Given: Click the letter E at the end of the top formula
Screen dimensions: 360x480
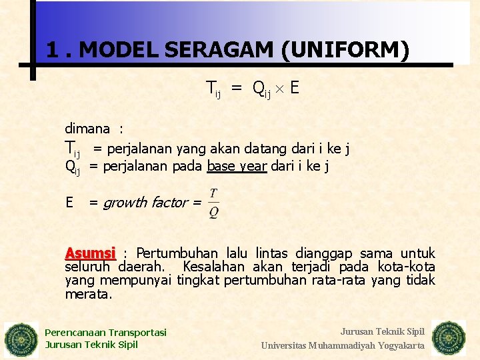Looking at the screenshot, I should tap(294, 87).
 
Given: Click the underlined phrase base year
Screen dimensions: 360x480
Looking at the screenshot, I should tap(237, 167).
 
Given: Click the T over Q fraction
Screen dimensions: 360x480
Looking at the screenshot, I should tap(213, 203).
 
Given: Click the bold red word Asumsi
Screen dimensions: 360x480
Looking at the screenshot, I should tap(90, 253).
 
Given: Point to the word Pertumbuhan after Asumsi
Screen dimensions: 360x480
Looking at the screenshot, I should tap(177, 253).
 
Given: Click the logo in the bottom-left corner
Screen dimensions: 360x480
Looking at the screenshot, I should tap(21, 340).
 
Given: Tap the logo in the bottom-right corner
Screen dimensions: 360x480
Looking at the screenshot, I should tap(449, 338).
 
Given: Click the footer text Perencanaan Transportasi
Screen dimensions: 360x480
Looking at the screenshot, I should tap(105, 333).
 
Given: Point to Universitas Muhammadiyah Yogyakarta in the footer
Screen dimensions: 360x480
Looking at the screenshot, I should tap(343, 345).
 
